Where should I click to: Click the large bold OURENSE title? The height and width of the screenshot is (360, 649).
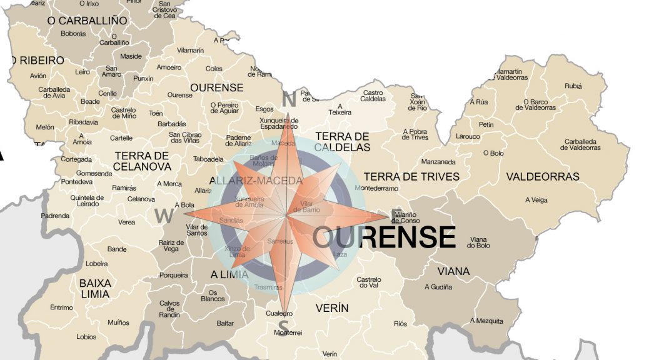(x=384, y=237)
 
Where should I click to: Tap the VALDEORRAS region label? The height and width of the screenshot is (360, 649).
(x=543, y=177)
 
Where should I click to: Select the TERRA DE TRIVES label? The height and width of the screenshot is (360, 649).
(x=411, y=177)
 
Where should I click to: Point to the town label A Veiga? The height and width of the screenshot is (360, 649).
(x=536, y=200)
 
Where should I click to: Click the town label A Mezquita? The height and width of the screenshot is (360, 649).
(x=486, y=321)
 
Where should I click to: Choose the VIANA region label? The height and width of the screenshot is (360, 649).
(x=453, y=271)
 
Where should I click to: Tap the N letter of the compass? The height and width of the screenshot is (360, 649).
(x=288, y=99)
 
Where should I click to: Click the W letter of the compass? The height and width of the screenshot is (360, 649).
(x=164, y=216)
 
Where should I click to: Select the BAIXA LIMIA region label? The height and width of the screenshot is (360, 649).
(x=95, y=289)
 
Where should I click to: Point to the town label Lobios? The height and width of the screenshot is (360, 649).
(x=86, y=337)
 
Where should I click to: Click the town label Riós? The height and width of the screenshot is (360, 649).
(x=400, y=324)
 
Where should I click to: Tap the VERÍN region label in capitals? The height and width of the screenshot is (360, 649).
(x=332, y=308)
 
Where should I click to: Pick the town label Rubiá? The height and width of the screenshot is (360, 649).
(x=572, y=86)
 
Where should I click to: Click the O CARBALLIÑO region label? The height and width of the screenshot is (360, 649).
(x=87, y=21)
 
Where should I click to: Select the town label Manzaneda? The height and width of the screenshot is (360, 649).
(x=438, y=161)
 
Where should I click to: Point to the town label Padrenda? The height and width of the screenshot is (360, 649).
(x=55, y=216)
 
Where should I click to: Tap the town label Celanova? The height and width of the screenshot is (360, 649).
(x=141, y=199)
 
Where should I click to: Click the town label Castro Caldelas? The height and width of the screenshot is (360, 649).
(x=373, y=96)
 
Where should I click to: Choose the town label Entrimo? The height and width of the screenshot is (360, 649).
(x=62, y=307)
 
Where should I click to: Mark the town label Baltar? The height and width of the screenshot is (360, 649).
(x=225, y=323)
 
